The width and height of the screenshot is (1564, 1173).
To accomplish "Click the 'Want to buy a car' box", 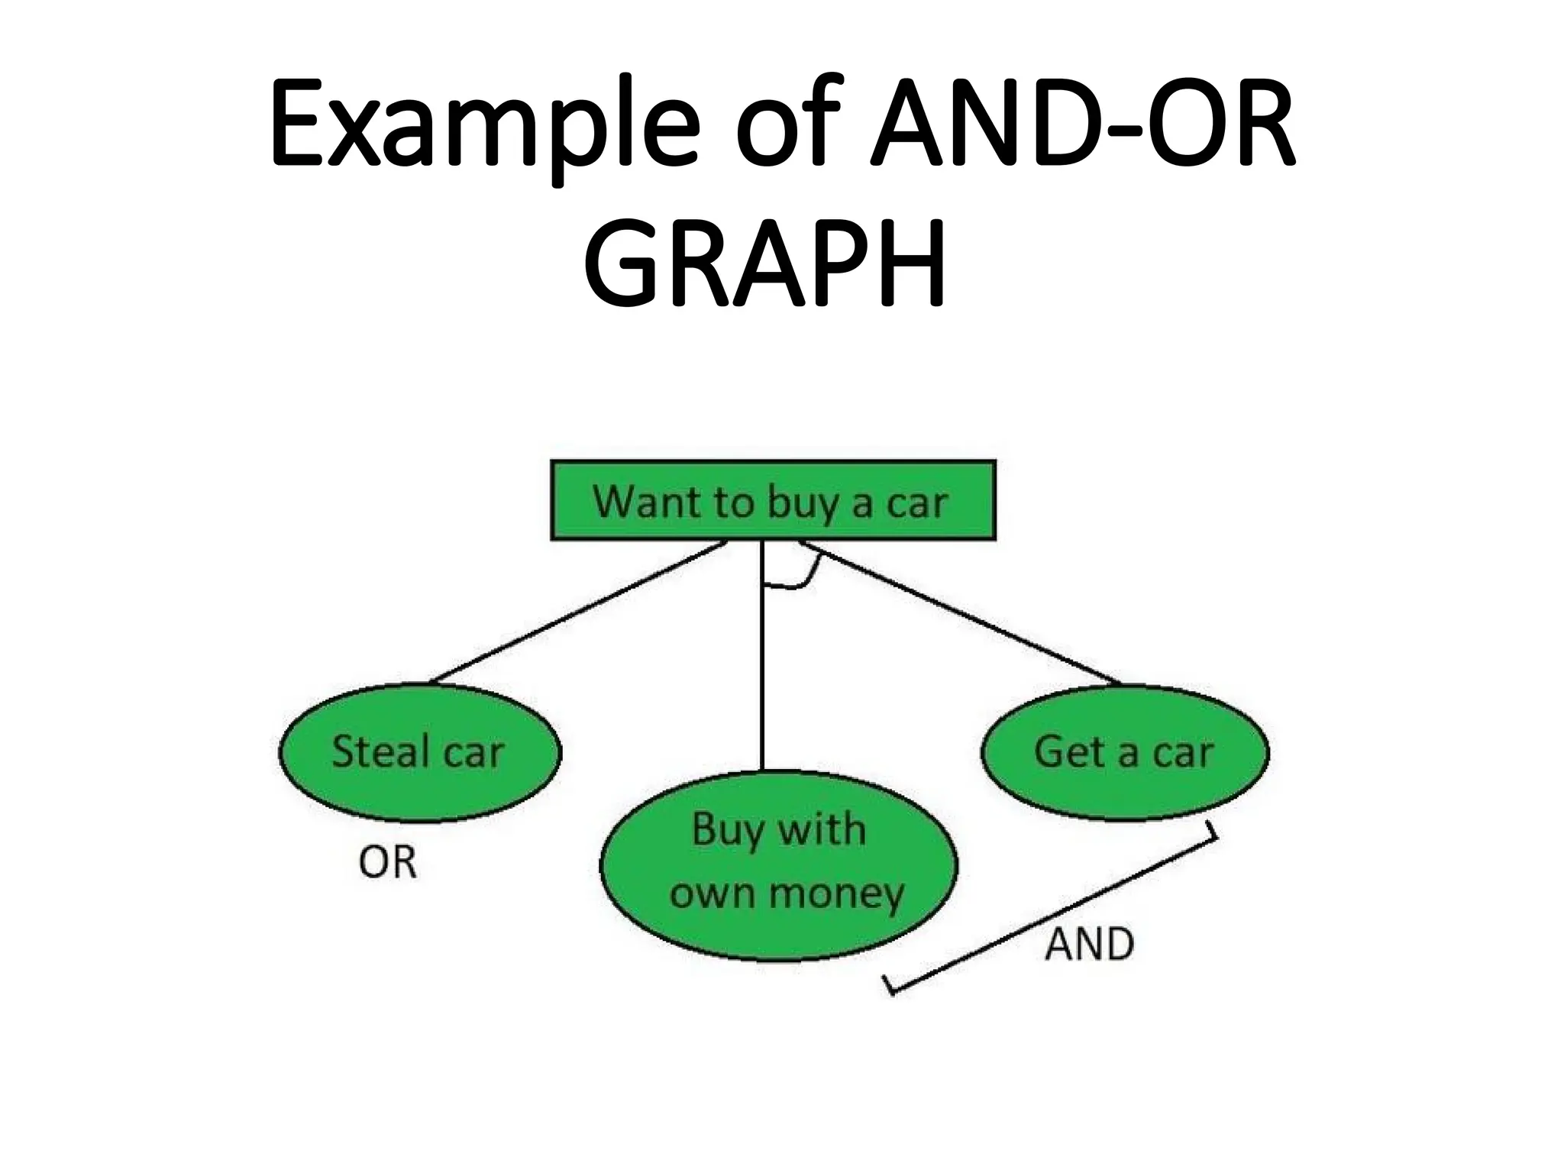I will click(x=773, y=501).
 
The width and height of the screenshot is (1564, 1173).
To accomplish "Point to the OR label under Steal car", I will click(x=387, y=863).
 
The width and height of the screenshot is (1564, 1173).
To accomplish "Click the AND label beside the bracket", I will click(x=1089, y=945).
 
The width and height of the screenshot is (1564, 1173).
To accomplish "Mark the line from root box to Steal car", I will click(x=578, y=612).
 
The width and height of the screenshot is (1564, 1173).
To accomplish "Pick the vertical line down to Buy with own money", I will click(x=762, y=687).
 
